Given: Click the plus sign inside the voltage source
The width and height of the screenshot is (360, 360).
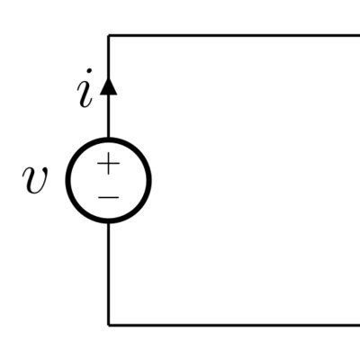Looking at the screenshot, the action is click(108, 164).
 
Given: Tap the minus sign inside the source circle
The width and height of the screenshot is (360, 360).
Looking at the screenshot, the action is click(108, 197).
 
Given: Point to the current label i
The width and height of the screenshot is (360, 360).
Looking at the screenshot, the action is click(85, 88).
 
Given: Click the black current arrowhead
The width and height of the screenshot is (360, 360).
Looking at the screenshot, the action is click(108, 86).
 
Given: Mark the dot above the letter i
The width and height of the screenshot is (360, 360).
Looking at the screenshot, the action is click(88, 71).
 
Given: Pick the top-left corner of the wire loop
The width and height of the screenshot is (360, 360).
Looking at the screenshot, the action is click(108, 36).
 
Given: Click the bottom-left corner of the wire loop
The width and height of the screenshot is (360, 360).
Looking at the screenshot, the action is click(108, 325).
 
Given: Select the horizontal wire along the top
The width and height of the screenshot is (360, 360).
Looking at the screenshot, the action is click(234, 36).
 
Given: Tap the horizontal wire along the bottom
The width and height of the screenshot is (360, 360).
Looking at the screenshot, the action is click(234, 325).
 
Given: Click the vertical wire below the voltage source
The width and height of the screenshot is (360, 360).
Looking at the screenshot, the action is click(108, 274).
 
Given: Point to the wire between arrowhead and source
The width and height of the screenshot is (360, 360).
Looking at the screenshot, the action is click(108, 116).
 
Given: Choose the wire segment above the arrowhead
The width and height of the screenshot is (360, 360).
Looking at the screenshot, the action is click(108, 57).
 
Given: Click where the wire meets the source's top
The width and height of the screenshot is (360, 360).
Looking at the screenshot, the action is click(108, 139).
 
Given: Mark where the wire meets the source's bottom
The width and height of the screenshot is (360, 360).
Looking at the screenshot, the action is click(108, 222).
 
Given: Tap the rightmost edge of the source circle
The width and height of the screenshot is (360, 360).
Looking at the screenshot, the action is click(149, 180).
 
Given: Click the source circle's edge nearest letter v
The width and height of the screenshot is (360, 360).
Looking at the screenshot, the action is click(67, 180).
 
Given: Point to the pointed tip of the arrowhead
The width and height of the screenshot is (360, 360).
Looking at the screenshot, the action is click(108, 78).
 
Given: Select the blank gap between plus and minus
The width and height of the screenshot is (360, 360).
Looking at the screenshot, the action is click(108, 184).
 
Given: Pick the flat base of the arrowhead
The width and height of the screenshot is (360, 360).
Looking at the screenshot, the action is click(108, 94).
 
